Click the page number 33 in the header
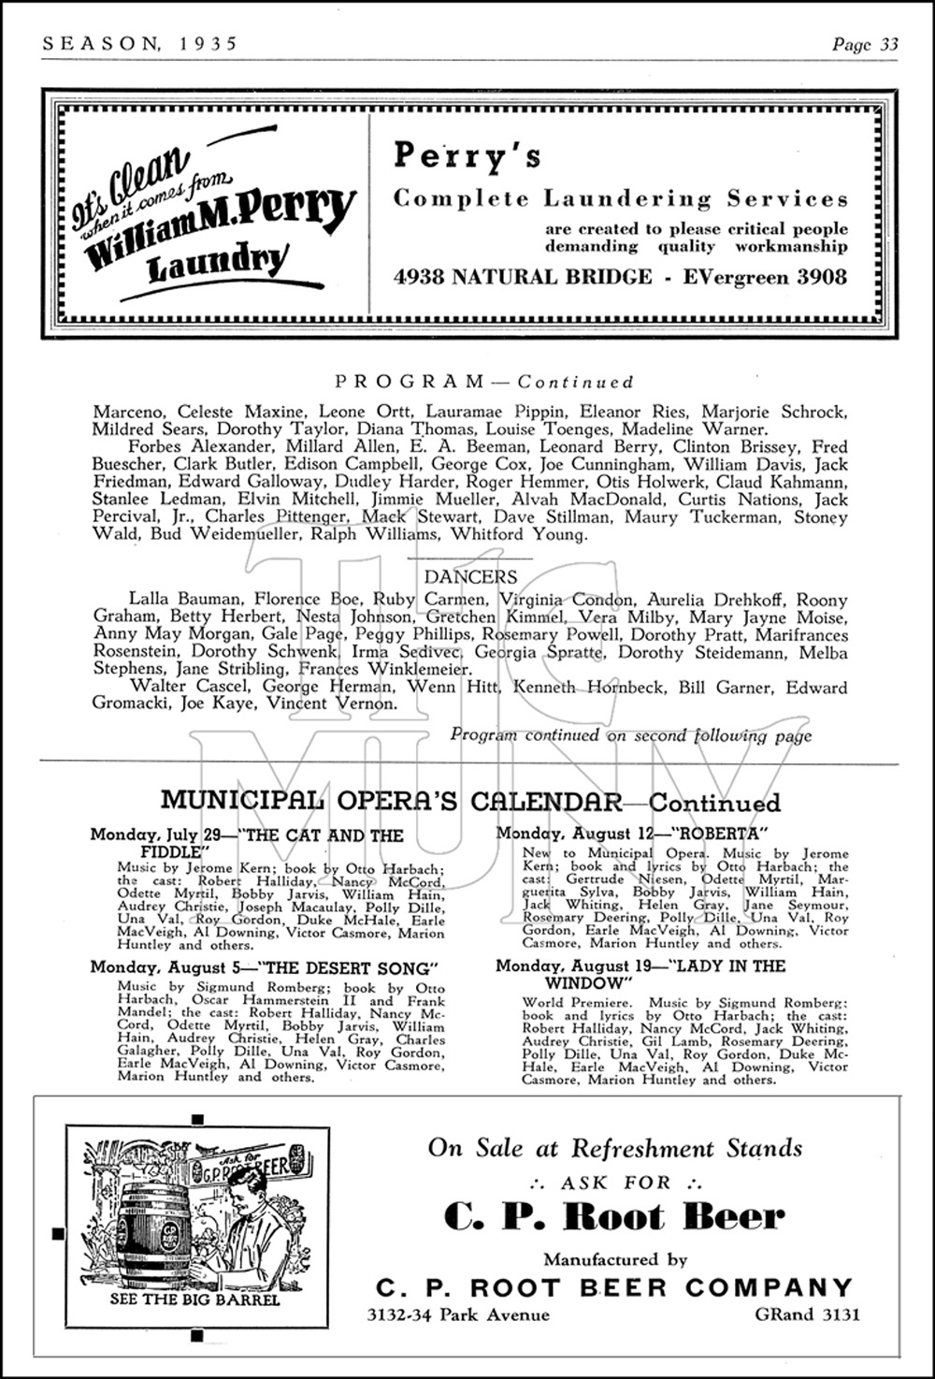(886, 44)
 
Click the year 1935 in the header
(206, 43)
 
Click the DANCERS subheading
(470, 577)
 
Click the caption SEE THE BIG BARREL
(194, 1299)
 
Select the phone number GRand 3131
(807, 1314)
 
